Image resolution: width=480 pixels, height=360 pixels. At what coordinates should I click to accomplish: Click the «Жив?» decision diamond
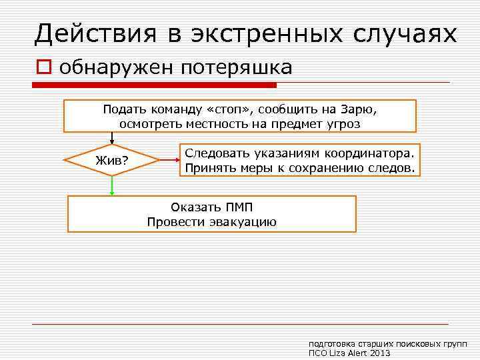click(111, 161)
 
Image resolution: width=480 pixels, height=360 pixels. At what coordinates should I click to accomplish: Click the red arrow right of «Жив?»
click(170, 160)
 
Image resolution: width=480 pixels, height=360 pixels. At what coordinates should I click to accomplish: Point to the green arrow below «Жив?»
click(112, 186)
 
